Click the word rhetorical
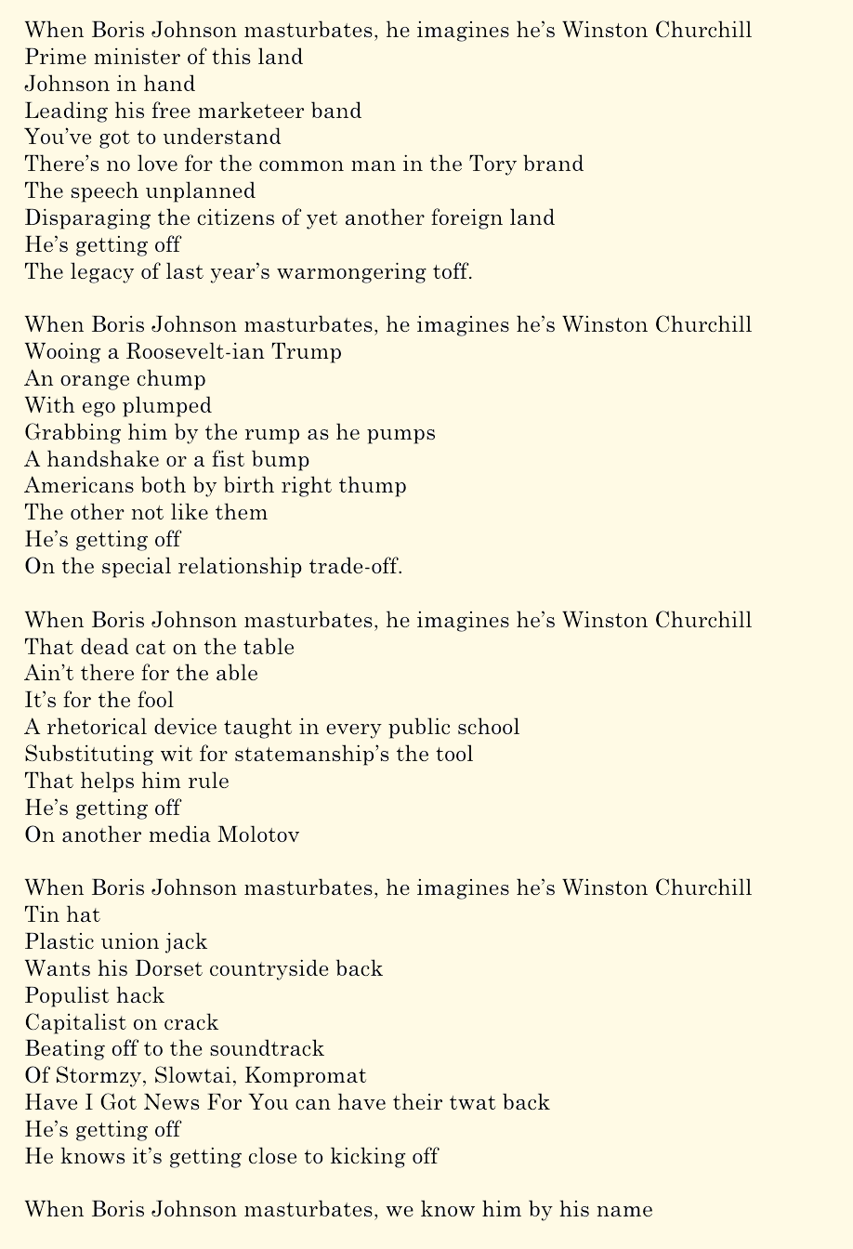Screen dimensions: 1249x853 [x=99, y=728]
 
